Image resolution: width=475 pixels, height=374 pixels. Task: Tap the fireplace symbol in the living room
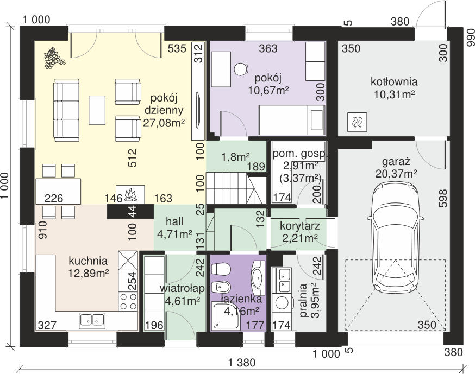(x=130, y=194)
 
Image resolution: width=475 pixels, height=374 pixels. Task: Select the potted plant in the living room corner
(x=54, y=58)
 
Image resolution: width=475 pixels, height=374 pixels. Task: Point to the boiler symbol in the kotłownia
(x=357, y=122)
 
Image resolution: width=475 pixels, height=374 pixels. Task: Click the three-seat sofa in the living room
(x=66, y=110)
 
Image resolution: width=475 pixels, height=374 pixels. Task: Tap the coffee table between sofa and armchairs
(x=97, y=110)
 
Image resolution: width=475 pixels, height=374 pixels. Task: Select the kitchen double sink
(x=92, y=320)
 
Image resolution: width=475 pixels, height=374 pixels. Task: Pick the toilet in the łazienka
(x=221, y=269)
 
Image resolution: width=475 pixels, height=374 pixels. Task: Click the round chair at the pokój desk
(x=241, y=69)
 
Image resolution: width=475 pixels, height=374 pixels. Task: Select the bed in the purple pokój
(x=291, y=120)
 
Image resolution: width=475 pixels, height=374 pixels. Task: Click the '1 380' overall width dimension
(x=242, y=362)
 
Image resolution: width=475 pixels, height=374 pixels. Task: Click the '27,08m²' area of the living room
(x=164, y=123)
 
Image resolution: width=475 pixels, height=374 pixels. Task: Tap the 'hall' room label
(x=174, y=221)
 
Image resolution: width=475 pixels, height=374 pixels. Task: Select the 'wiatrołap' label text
(x=182, y=289)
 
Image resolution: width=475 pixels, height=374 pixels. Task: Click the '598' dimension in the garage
(x=442, y=198)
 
